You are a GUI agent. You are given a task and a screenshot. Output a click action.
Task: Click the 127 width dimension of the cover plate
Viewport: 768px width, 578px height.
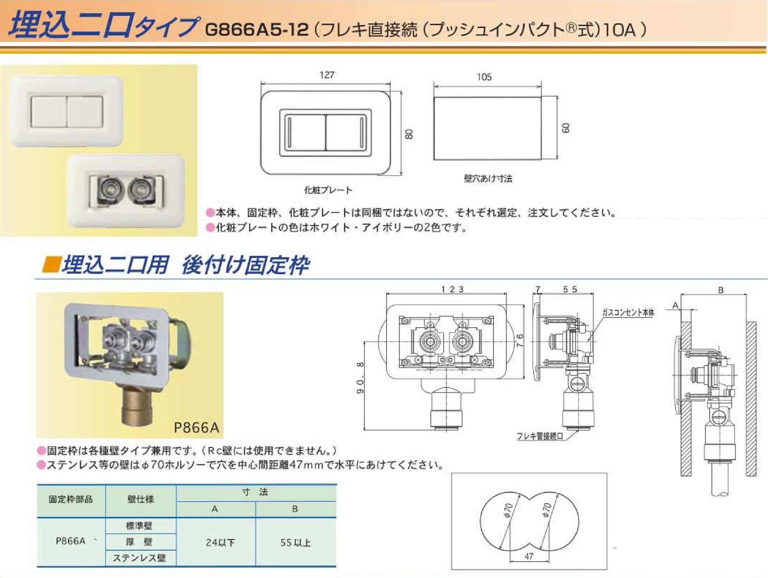327,75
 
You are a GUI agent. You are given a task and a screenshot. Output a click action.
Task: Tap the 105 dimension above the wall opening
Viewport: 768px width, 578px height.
484,77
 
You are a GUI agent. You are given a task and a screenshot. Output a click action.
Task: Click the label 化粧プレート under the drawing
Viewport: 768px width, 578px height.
328,190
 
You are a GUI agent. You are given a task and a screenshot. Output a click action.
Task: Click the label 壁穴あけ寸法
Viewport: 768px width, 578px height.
488,178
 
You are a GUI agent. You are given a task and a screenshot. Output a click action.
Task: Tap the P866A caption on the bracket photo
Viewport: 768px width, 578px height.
197,427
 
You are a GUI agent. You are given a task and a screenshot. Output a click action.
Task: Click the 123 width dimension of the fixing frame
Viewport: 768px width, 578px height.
452,289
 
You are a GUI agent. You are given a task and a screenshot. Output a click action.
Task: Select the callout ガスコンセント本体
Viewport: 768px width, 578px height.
628,313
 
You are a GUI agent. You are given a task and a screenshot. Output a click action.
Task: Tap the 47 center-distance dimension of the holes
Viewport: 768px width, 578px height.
529,556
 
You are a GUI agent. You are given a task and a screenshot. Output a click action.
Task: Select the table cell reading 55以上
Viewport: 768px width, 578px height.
295,542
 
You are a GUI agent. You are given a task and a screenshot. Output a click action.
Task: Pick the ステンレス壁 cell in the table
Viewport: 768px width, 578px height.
139,558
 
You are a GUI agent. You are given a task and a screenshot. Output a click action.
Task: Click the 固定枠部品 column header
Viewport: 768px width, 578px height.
71,499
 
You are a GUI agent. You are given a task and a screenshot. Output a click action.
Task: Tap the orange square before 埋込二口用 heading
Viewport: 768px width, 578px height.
51,265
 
